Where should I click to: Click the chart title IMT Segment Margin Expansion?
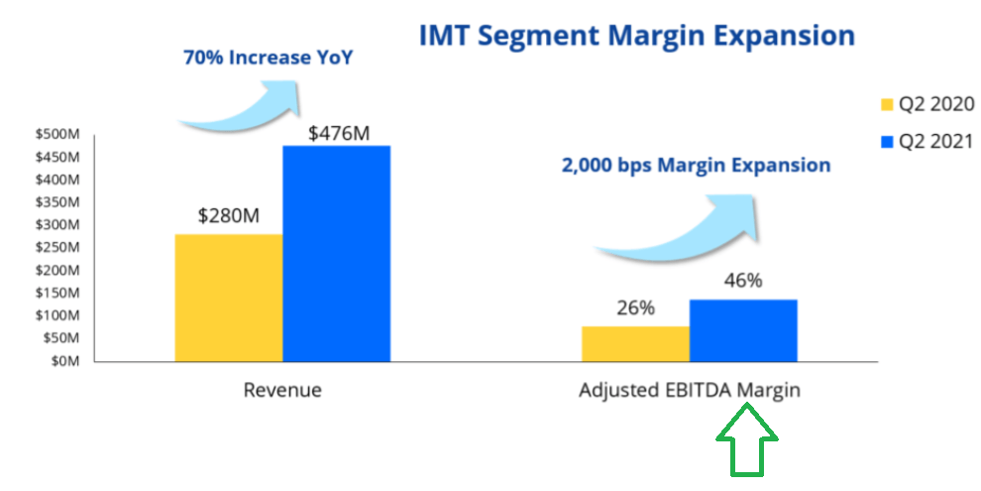tap(637, 37)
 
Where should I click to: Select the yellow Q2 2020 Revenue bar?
tap(229, 297)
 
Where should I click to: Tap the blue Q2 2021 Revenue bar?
tap(336, 253)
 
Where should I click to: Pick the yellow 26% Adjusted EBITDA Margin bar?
tap(635, 343)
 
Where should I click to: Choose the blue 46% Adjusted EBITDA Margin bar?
tap(743, 330)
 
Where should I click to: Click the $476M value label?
tap(338, 131)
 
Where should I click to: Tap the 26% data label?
tap(634, 308)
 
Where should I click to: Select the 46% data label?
tap(742, 281)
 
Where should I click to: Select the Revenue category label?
tap(282, 390)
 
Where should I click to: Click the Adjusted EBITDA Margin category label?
tap(689, 390)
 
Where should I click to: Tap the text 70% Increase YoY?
tap(269, 58)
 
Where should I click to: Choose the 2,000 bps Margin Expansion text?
tap(696, 166)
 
